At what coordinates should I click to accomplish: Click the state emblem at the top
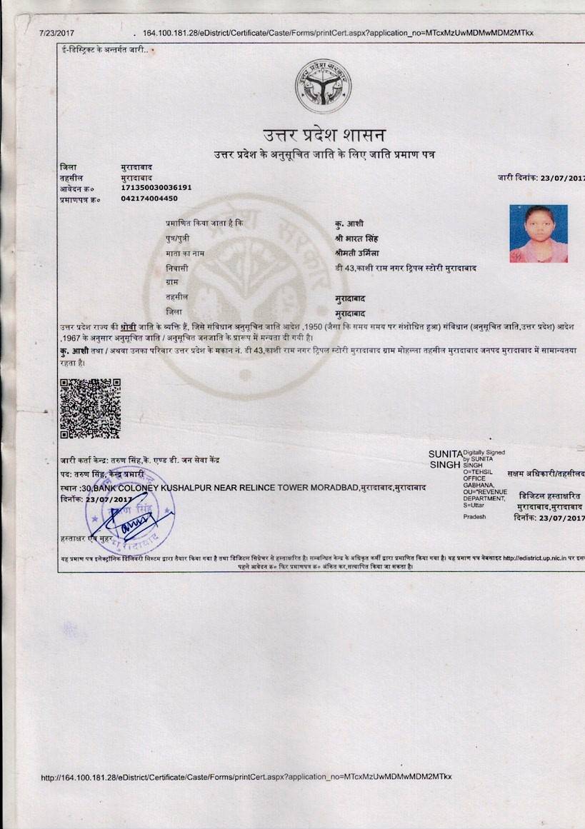(x=324, y=87)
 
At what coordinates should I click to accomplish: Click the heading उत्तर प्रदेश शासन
(x=324, y=134)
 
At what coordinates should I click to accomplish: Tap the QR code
(x=90, y=408)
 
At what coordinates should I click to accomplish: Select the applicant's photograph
(x=538, y=233)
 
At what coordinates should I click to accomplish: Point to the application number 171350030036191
(x=156, y=187)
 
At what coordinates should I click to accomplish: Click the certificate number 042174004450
(x=149, y=199)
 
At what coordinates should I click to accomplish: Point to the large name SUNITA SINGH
(x=446, y=458)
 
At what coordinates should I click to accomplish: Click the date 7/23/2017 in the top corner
(x=57, y=33)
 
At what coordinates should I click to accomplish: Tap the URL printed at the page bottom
(x=246, y=776)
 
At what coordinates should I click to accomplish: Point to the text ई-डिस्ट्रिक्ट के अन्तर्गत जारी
(x=104, y=49)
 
